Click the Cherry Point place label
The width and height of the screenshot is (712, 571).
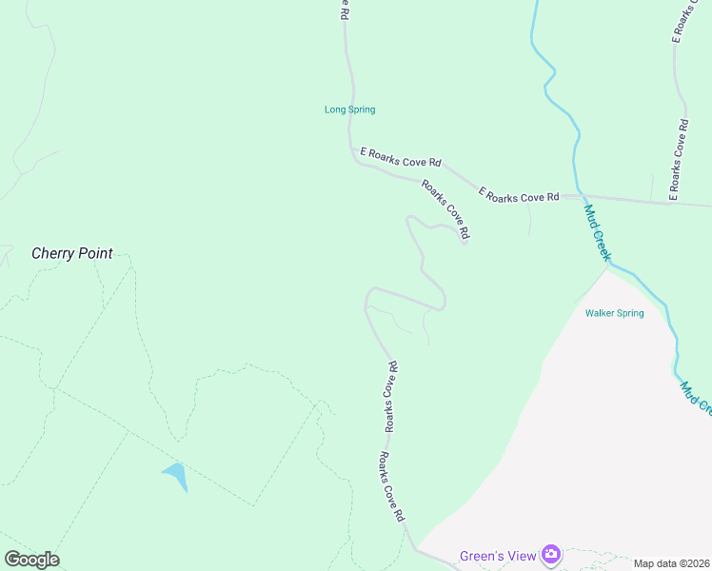coord(72,254)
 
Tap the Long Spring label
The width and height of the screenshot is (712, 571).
coord(350,109)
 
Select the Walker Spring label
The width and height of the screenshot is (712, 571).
coord(614,313)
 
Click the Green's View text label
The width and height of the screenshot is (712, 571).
coord(497,556)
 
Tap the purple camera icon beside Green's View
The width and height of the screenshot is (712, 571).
coord(550,554)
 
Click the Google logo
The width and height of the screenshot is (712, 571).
coord(31,560)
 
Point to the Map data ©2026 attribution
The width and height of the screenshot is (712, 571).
coord(672,563)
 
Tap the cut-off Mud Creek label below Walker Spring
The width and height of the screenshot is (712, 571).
coord(695,398)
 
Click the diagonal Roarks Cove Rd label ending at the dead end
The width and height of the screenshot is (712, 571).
coord(446,209)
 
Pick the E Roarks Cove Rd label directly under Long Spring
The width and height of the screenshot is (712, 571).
coord(401,158)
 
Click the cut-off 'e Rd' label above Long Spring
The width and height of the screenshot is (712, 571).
coord(345,10)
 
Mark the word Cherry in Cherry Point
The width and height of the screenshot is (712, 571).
coord(53,254)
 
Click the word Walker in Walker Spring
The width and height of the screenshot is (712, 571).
coord(602,313)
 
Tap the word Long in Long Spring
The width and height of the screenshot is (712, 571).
coord(334,109)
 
